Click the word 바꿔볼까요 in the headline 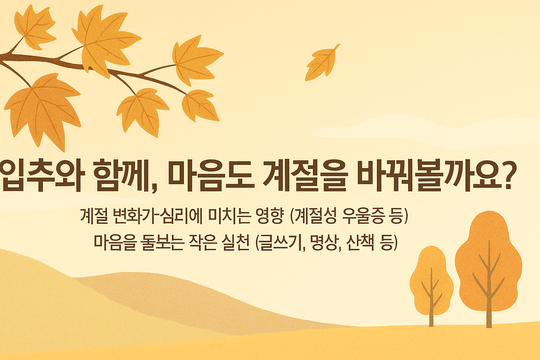click(x=422, y=175)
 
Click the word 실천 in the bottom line click(x=234, y=242)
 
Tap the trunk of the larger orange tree click(x=489, y=309)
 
